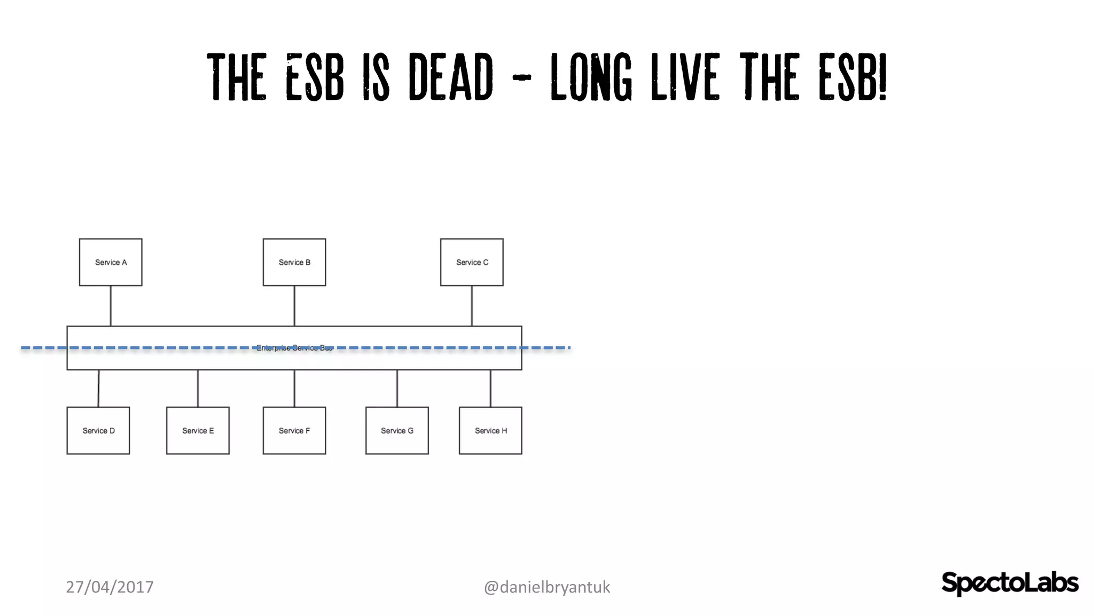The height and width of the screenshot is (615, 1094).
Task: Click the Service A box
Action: pyautogui.click(x=111, y=262)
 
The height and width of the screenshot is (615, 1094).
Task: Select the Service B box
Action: pyautogui.click(x=294, y=262)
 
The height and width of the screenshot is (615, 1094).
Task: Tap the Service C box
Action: pyautogui.click(x=472, y=262)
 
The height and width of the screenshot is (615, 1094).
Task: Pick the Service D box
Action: pyautogui.click(x=98, y=431)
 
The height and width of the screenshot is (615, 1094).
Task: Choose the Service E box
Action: pyautogui.click(x=198, y=431)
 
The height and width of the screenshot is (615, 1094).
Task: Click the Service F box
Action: pyautogui.click(x=294, y=431)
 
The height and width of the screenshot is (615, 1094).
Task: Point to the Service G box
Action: pyautogui.click(x=397, y=431)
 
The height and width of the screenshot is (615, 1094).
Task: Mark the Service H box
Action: pyautogui.click(x=490, y=431)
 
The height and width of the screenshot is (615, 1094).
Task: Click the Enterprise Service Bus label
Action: pyautogui.click(x=294, y=348)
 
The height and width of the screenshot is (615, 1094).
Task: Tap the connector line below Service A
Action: pyautogui.click(x=111, y=306)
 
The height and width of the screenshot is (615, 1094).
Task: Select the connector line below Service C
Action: pyautogui.click(x=472, y=306)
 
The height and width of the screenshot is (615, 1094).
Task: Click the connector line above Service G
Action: pyautogui.click(x=397, y=389)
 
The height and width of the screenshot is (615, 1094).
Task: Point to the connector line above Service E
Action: pyautogui.click(x=198, y=389)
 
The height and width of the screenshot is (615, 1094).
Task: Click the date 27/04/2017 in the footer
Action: pyautogui.click(x=110, y=587)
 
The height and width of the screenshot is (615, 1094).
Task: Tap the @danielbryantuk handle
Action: pyautogui.click(x=546, y=587)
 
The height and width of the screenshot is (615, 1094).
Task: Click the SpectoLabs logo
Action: pyautogui.click(x=1010, y=583)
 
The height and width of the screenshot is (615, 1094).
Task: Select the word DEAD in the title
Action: pyautogui.click(x=451, y=77)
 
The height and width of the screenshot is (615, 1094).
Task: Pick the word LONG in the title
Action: pyautogui.click(x=591, y=77)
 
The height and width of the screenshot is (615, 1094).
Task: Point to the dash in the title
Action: pyautogui.click(x=521, y=78)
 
